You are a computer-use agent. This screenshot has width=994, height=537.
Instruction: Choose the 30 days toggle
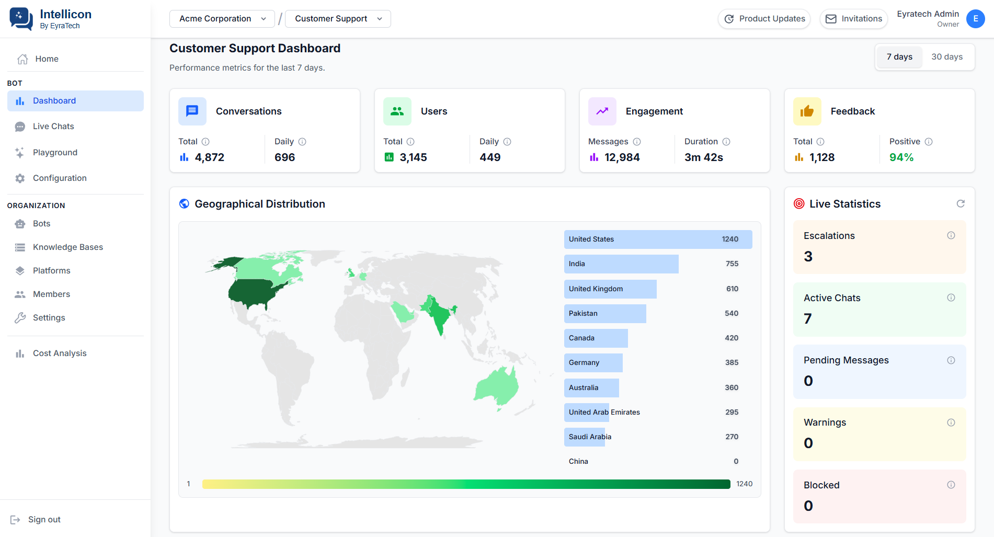pos(947,57)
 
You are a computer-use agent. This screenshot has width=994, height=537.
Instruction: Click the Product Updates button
pos(764,19)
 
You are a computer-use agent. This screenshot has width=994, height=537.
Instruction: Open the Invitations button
pos(854,19)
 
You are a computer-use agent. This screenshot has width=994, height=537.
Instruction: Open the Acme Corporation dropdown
pos(222,19)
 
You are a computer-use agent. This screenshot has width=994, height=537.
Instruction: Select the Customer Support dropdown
pos(338,19)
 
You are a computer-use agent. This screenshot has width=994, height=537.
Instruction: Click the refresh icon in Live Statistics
pos(961,204)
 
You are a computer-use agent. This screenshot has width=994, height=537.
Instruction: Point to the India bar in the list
pos(621,264)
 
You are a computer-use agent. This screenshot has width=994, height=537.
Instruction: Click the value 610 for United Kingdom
pos(732,289)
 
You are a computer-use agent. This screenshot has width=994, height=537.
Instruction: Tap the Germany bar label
pos(584,363)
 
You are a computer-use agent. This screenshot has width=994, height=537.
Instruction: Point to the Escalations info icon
pos(951,235)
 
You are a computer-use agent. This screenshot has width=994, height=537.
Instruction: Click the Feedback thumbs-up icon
pos(807,111)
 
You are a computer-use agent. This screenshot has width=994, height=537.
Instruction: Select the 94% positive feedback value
pos(901,157)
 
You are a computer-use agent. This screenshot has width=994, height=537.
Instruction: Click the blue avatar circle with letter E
pos(976,19)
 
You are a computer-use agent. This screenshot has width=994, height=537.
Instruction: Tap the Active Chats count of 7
pos(808,318)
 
